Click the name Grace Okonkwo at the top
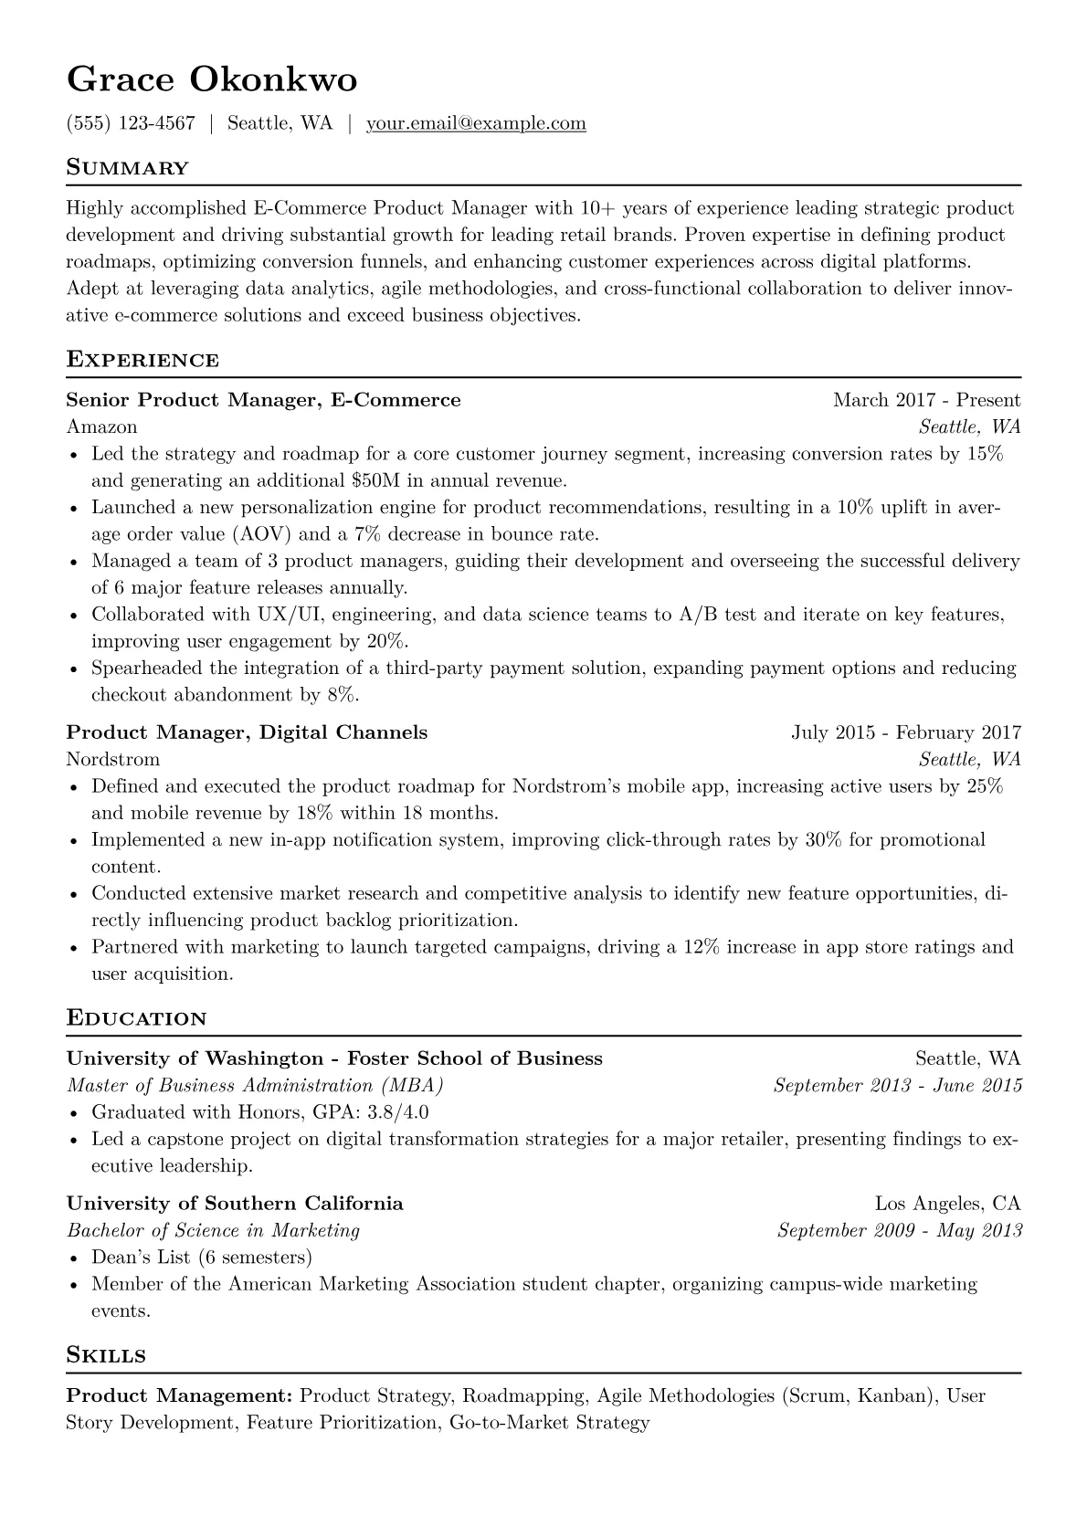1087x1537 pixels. pos(212,80)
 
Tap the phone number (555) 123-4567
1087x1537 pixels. pos(131,123)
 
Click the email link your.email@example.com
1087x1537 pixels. pos(476,123)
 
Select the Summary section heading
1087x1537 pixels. pos(128,168)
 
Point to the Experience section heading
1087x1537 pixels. pos(142,360)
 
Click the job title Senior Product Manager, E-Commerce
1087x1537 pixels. pos(264,400)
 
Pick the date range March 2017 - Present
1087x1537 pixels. pos(926,400)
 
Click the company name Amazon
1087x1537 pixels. pos(102,426)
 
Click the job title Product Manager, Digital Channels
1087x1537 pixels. pos(248,732)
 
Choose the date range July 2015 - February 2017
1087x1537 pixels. pos(906,732)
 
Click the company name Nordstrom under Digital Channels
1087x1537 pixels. pos(113,759)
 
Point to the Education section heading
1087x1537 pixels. pos(137,1018)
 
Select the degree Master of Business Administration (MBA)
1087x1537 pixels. pos(256,1086)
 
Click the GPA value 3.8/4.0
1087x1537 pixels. pos(397,1112)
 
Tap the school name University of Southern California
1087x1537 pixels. pos(236,1204)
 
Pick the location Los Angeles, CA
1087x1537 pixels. pos(947,1204)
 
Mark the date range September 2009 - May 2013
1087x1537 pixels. pos(899,1230)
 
